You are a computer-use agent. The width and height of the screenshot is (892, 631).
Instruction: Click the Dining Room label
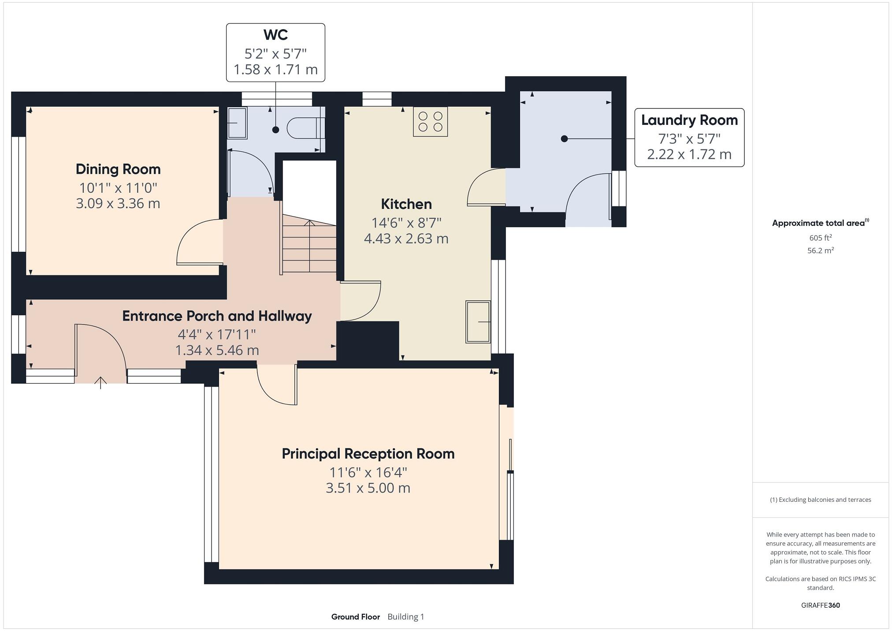pos(118,169)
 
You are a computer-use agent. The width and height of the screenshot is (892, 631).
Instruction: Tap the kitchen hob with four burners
pos(430,122)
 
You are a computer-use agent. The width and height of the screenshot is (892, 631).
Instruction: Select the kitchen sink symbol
pos(478,322)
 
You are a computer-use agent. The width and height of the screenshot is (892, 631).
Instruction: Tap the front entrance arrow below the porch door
pos(101,382)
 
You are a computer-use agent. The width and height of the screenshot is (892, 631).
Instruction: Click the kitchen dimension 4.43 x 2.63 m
pos(406,239)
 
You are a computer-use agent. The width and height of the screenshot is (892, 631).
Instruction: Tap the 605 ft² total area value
pos(820,238)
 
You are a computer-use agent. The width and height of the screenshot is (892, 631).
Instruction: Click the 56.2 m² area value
pos(820,250)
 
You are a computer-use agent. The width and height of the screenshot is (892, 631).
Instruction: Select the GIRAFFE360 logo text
pos(820,605)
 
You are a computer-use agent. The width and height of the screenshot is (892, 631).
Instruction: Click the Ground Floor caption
pos(355,616)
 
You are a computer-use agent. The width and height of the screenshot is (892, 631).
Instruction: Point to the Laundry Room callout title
pos(689,120)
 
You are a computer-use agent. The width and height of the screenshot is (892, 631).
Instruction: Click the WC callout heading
pos(275,34)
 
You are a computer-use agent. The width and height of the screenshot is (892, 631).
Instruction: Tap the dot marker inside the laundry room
pos(564,139)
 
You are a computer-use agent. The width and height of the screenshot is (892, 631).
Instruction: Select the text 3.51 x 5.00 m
pos(368,488)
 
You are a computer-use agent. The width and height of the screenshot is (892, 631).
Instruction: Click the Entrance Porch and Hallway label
pos(217,316)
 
